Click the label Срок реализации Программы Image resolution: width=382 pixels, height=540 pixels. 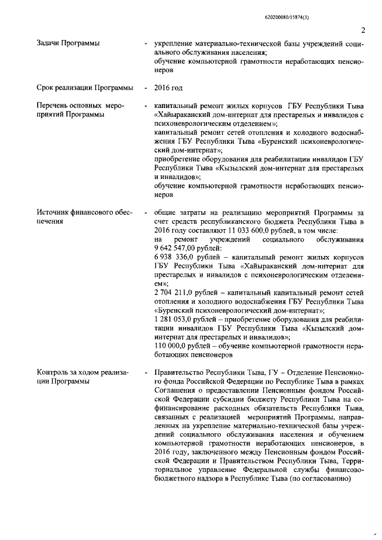tap(85, 88)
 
